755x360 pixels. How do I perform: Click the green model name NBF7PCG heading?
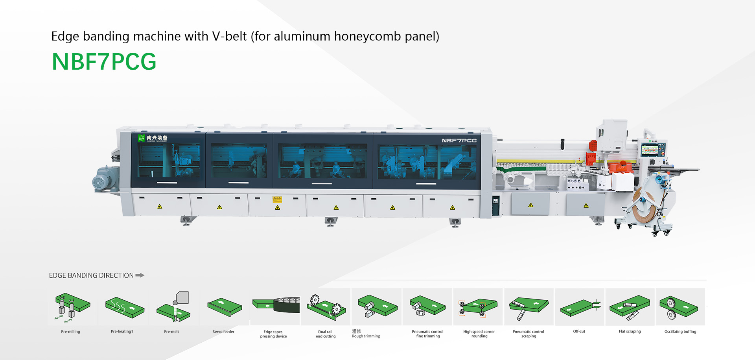[x=104, y=62]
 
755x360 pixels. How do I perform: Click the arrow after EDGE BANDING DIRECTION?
[x=140, y=275]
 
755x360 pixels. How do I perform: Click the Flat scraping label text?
[x=630, y=332]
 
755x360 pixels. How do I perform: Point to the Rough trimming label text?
[x=366, y=336]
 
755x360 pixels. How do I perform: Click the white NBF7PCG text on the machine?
[x=459, y=140]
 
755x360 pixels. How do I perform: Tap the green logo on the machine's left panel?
[x=142, y=138]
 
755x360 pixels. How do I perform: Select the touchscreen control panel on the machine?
[x=649, y=150]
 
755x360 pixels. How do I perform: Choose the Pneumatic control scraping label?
[x=528, y=334]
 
